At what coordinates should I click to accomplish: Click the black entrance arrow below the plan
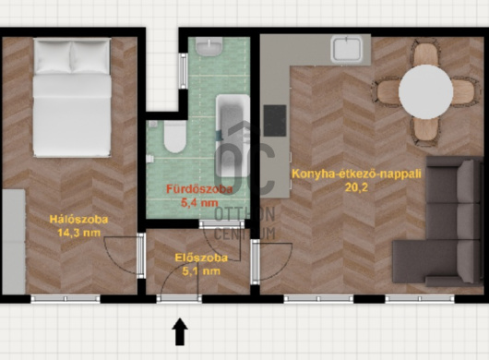click(x=180, y=331)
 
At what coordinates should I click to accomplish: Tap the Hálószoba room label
click(x=79, y=220)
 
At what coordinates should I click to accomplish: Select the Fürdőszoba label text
click(x=199, y=189)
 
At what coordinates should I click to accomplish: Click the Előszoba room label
click(x=201, y=258)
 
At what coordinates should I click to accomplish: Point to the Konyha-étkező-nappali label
click(x=356, y=174)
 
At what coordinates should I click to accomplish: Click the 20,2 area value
click(x=356, y=187)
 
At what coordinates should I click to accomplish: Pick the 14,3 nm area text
click(x=79, y=233)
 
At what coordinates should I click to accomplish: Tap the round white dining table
click(x=425, y=91)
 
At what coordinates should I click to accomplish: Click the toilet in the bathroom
click(x=175, y=137)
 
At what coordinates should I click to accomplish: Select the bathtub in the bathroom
click(x=233, y=136)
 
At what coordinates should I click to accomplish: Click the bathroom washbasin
click(x=209, y=46)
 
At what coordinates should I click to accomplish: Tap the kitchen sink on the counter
click(x=347, y=48)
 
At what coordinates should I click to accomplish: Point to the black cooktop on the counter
click(x=275, y=120)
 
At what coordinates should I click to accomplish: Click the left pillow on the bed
click(x=54, y=57)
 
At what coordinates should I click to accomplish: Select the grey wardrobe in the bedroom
click(x=13, y=242)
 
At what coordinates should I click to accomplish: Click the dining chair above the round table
click(x=425, y=54)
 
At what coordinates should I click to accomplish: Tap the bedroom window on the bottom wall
click(x=66, y=299)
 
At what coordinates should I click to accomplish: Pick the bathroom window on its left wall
click(x=183, y=71)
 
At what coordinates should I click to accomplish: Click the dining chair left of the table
click(x=387, y=91)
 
